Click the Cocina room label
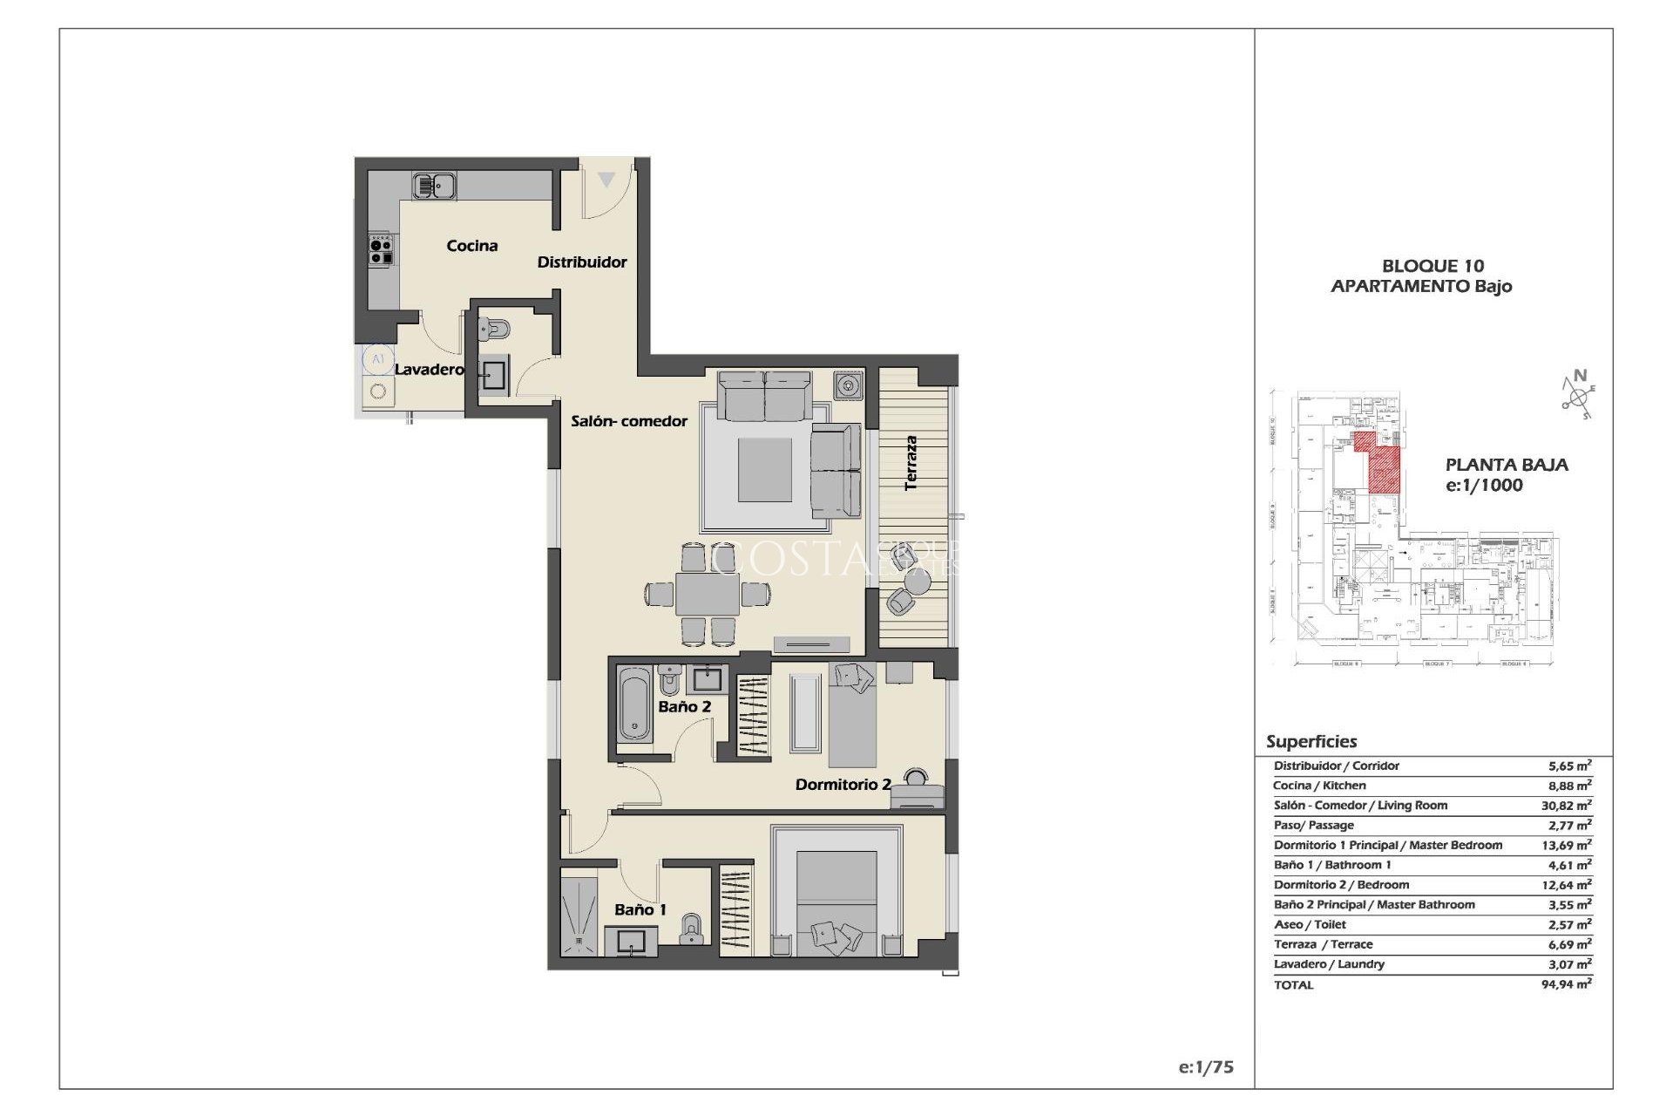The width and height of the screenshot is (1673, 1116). [x=471, y=246]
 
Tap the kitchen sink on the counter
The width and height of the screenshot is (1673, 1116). [x=434, y=186]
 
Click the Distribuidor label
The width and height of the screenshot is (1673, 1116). [x=581, y=262]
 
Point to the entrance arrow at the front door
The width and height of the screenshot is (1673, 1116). [x=606, y=180]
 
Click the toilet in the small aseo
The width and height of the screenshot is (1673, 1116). [x=494, y=329]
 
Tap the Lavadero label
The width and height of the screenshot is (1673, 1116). [x=429, y=369]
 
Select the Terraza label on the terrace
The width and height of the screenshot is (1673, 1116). [x=911, y=463]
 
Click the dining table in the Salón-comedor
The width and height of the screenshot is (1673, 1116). [x=707, y=595]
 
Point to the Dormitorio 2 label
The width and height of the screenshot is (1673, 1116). [x=842, y=785]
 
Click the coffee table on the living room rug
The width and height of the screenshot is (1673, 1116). [x=765, y=469]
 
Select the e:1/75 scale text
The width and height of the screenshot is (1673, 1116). [x=1205, y=1067]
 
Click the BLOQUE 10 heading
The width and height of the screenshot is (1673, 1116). [x=1433, y=266]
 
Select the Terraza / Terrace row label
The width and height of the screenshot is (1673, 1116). [x=1323, y=944]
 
